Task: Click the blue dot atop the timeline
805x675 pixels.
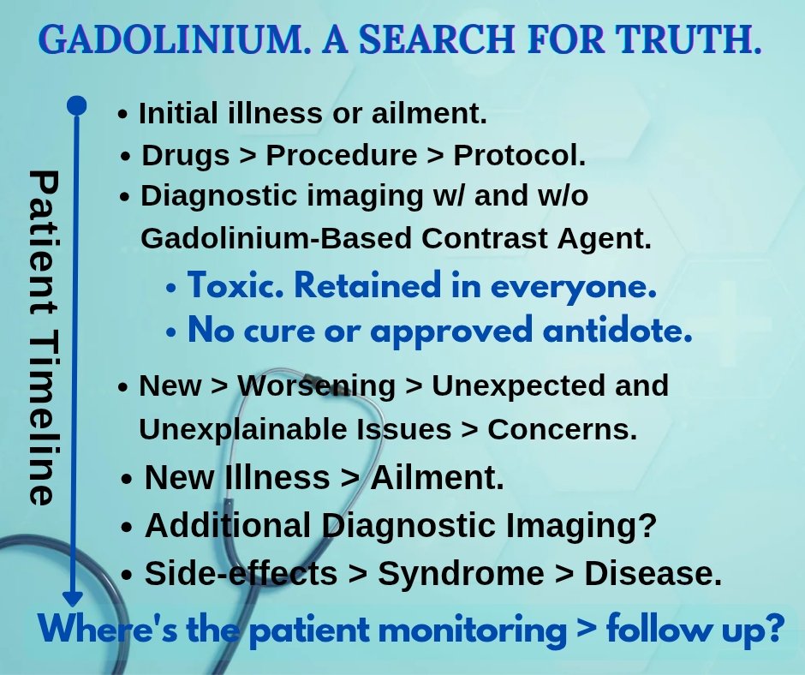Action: (77, 105)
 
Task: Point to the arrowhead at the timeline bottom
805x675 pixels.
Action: (75, 597)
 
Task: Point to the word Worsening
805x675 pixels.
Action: (317, 385)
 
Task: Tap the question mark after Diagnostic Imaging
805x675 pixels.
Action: (647, 525)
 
